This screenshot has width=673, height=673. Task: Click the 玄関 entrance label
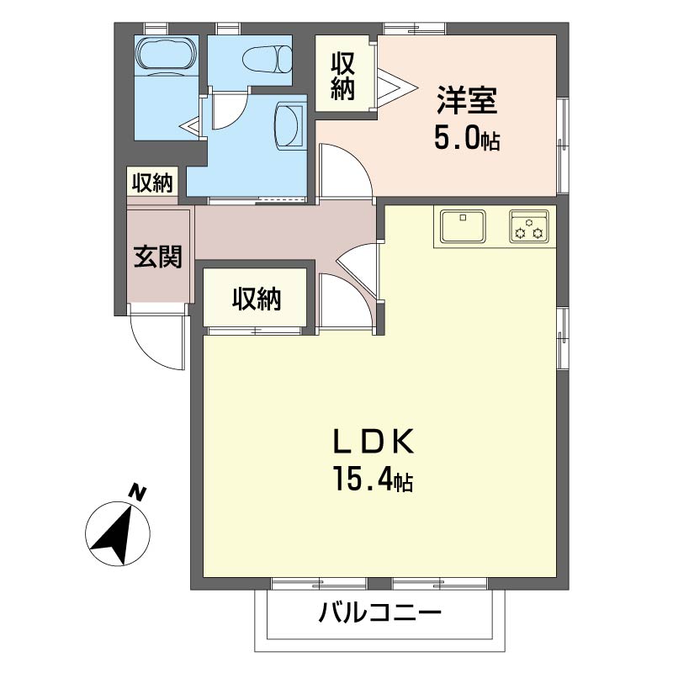coord(158,257)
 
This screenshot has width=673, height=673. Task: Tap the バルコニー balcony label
coord(380,613)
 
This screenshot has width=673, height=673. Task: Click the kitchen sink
coord(461,226)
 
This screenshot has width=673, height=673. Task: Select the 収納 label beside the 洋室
coord(342,75)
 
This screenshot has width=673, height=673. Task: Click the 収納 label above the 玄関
coord(151,183)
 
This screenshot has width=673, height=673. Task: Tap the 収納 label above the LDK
coord(257,299)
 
